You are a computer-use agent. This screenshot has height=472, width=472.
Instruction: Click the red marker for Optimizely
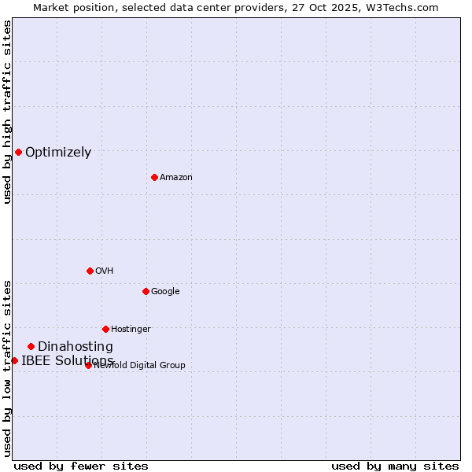pyautogui.click(x=18, y=152)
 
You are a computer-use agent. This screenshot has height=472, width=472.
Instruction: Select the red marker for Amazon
pyautogui.click(x=154, y=177)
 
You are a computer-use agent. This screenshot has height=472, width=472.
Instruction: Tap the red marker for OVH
pyautogui.click(x=90, y=271)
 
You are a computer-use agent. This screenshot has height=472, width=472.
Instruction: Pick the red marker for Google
pyautogui.click(x=146, y=291)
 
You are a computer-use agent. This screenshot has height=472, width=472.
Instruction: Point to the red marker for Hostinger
pyautogui.click(x=105, y=329)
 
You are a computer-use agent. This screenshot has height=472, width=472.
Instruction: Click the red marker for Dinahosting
pyautogui.click(x=31, y=346)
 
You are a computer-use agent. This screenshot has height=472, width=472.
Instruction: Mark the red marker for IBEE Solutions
pyautogui.click(x=14, y=360)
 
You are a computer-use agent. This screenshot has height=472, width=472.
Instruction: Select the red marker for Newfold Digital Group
pyautogui.click(x=88, y=365)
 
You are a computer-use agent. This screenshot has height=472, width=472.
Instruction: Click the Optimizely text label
pyautogui.click(x=58, y=153)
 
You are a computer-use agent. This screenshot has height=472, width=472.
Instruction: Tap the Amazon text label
pyautogui.click(x=176, y=178)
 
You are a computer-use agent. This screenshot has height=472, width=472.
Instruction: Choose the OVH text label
pyautogui.click(x=105, y=271)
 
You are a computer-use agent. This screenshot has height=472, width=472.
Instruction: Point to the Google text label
pyautogui.click(x=165, y=292)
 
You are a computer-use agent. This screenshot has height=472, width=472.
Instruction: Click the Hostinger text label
pyautogui.click(x=131, y=330)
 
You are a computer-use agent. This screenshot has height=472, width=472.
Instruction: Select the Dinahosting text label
pyautogui.click(x=76, y=347)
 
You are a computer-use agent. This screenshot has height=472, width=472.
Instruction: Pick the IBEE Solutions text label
pyautogui.click(x=68, y=361)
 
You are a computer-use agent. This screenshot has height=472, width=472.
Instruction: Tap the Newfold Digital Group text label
pyautogui.click(x=140, y=366)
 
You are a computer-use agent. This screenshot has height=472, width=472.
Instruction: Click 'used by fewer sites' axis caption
pyautogui.click(x=81, y=466)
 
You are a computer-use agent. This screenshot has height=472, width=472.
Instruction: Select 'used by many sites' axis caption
pyautogui.click(x=395, y=466)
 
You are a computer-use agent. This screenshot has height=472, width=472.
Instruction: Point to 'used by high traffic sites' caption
pyautogui.click(x=7, y=112)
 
